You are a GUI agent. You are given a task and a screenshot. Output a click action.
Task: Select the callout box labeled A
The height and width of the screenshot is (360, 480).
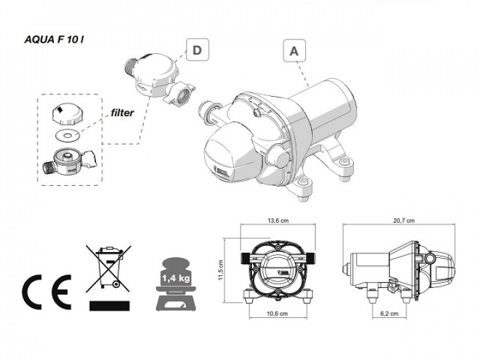[295, 50]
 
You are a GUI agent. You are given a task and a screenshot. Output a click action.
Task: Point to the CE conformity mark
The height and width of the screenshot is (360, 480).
[44, 289]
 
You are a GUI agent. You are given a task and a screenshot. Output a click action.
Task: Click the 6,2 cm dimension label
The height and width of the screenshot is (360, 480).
[385, 313]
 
